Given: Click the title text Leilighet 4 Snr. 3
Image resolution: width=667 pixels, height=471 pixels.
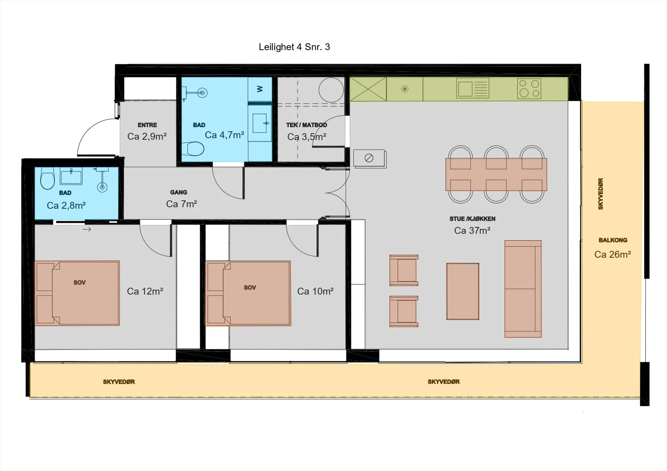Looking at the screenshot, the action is pyautogui.click(x=294, y=47).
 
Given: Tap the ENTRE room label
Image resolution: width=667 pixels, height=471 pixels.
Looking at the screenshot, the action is pyautogui.click(x=147, y=125).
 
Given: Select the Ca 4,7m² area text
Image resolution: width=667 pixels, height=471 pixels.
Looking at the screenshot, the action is pyautogui.click(x=225, y=135).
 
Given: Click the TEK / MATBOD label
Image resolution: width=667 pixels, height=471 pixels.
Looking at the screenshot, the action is pyautogui.click(x=307, y=125).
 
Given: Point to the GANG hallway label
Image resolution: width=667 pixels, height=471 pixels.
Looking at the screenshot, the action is pyautogui.click(x=179, y=192).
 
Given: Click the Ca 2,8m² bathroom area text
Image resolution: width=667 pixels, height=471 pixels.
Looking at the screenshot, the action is pyautogui.click(x=66, y=205).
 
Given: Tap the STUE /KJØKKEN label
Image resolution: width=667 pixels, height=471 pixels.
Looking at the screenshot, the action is pyautogui.click(x=472, y=219).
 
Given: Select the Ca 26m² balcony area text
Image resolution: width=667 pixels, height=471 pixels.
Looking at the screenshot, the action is pyautogui.click(x=613, y=254).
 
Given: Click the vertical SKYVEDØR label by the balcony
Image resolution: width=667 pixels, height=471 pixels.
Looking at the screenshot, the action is pyautogui.click(x=601, y=194).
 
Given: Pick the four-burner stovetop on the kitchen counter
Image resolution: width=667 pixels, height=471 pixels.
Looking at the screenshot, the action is pyautogui.click(x=529, y=88).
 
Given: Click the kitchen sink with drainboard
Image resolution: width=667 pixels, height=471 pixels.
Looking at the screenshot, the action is pyautogui.click(x=473, y=88).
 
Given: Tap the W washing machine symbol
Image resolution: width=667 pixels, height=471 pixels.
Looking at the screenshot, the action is pyautogui.click(x=260, y=89).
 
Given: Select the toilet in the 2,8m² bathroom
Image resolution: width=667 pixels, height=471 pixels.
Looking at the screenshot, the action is pyautogui.click(x=48, y=179).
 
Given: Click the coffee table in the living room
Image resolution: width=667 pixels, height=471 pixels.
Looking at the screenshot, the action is pyautogui.click(x=463, y=291).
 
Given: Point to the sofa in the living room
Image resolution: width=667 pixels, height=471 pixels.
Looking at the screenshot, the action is pyautogui.click(x=523, y=289).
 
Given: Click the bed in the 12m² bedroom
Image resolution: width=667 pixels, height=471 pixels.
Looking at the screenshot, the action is pyautogui.click(x=77, y=293).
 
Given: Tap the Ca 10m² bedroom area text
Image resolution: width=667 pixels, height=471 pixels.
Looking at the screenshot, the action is pyautogui.click(x=315, y=291).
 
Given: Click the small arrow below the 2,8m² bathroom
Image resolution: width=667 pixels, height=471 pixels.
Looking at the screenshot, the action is pyautogui.click(x=87, y=229).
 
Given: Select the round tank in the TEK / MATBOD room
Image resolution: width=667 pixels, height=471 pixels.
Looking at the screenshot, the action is pyautogui.click(x=331, y=90).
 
